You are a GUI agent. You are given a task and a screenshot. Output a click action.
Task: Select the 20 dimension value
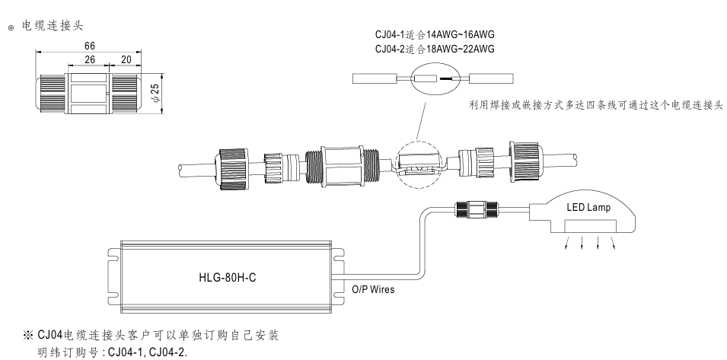tap(125, 59)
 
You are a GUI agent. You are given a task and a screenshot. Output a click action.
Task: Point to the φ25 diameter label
tap(155, 93)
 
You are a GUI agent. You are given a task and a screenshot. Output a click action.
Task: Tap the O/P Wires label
tap(372, 290)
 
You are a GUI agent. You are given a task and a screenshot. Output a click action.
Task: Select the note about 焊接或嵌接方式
tap(595, 104)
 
